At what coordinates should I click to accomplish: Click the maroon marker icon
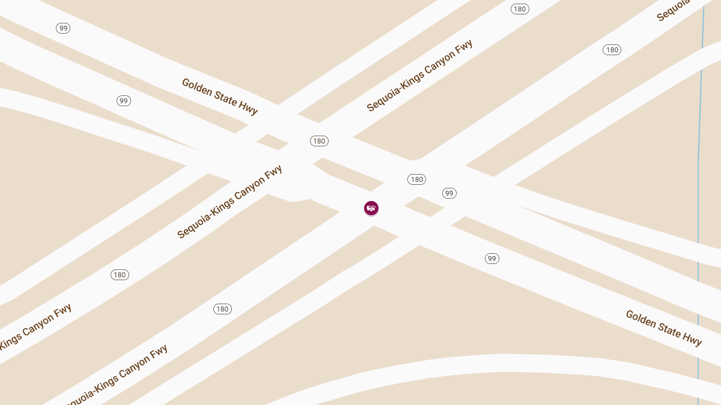(371, 208)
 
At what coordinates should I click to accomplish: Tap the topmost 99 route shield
(63, 28)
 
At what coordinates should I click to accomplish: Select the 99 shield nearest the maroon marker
(449, 193)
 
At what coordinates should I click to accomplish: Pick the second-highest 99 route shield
(124, 101)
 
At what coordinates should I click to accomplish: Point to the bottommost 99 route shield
(492, 259)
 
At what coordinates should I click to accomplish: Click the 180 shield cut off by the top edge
(520, 8)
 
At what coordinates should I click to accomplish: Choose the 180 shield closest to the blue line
(612, 50)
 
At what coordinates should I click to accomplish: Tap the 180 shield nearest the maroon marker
(416, 179)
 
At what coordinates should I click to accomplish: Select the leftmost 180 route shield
(120, 275)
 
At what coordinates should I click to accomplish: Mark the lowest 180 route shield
(222, 309)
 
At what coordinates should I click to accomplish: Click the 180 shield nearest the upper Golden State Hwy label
(319, 141)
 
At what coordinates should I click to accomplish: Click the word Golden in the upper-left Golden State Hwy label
(197, 88)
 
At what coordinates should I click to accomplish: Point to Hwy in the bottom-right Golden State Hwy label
(692, 337)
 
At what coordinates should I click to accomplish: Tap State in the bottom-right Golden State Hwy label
(669, 327)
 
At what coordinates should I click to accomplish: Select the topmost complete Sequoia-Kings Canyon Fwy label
(419, 76)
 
